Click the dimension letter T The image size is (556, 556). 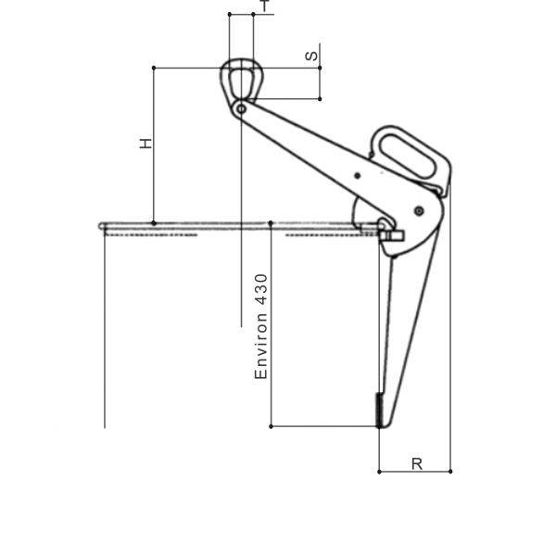(x=265, y=6)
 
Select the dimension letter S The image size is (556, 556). (x=312, y=56)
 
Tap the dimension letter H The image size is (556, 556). (x=145, y=144)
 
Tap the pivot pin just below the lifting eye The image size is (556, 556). (x=241, y=109)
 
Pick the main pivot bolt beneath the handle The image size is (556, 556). (x=419, y=210)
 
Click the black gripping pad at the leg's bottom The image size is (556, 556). (x=379, y=409)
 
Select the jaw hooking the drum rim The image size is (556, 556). (x=389, y=231)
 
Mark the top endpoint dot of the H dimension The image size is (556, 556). (x=154, y=68)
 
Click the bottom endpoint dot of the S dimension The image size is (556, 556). (x=320, y=98)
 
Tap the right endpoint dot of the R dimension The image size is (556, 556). (x=450, y=472)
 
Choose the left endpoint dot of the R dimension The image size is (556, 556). (x=379, y=472)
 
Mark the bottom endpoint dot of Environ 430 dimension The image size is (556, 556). (x=271, y=426)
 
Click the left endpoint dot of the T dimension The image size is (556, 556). (x=229, y=15)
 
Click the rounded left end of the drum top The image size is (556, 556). (x=102, y=225)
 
